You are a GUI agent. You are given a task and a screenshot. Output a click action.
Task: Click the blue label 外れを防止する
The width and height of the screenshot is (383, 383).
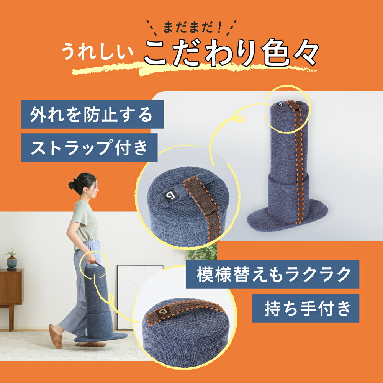[92, 114]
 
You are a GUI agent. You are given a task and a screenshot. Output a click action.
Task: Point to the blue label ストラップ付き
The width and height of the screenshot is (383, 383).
[89, 148]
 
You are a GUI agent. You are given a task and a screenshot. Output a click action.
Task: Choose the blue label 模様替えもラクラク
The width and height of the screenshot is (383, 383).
[273, 274]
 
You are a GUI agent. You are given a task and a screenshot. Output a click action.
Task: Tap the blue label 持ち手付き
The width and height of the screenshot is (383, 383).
[305, 309]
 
